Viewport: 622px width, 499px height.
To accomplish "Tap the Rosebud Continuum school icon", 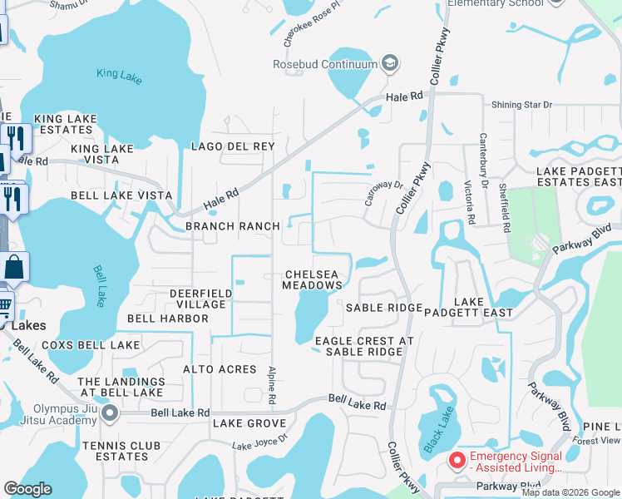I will [389, 64].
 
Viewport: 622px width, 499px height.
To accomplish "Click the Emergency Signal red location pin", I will [457, 460].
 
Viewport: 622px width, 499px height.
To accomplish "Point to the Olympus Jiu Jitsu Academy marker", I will [111, 413].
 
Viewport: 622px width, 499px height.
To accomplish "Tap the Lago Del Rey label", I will [233, 146].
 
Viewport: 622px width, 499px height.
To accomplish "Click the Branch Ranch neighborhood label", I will [232, 226].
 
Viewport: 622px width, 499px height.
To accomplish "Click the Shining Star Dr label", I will [521, 105].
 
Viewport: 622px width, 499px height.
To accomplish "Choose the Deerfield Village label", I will [198, 299].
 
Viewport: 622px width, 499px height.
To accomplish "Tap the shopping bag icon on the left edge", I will [13, 267].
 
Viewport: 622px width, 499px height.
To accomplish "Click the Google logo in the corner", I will [27, 489].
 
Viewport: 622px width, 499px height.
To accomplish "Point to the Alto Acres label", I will [220, 369].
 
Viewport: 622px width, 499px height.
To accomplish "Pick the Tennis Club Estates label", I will [121, 451].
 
